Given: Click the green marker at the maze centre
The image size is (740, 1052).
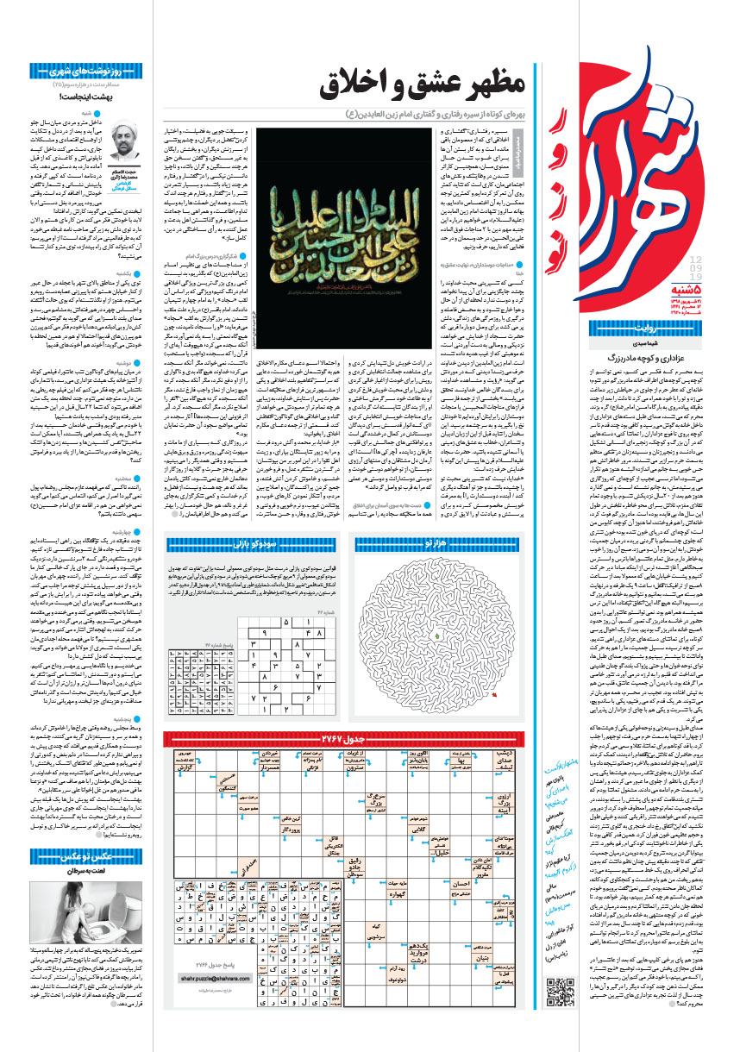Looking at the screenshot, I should tap(438, 636).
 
